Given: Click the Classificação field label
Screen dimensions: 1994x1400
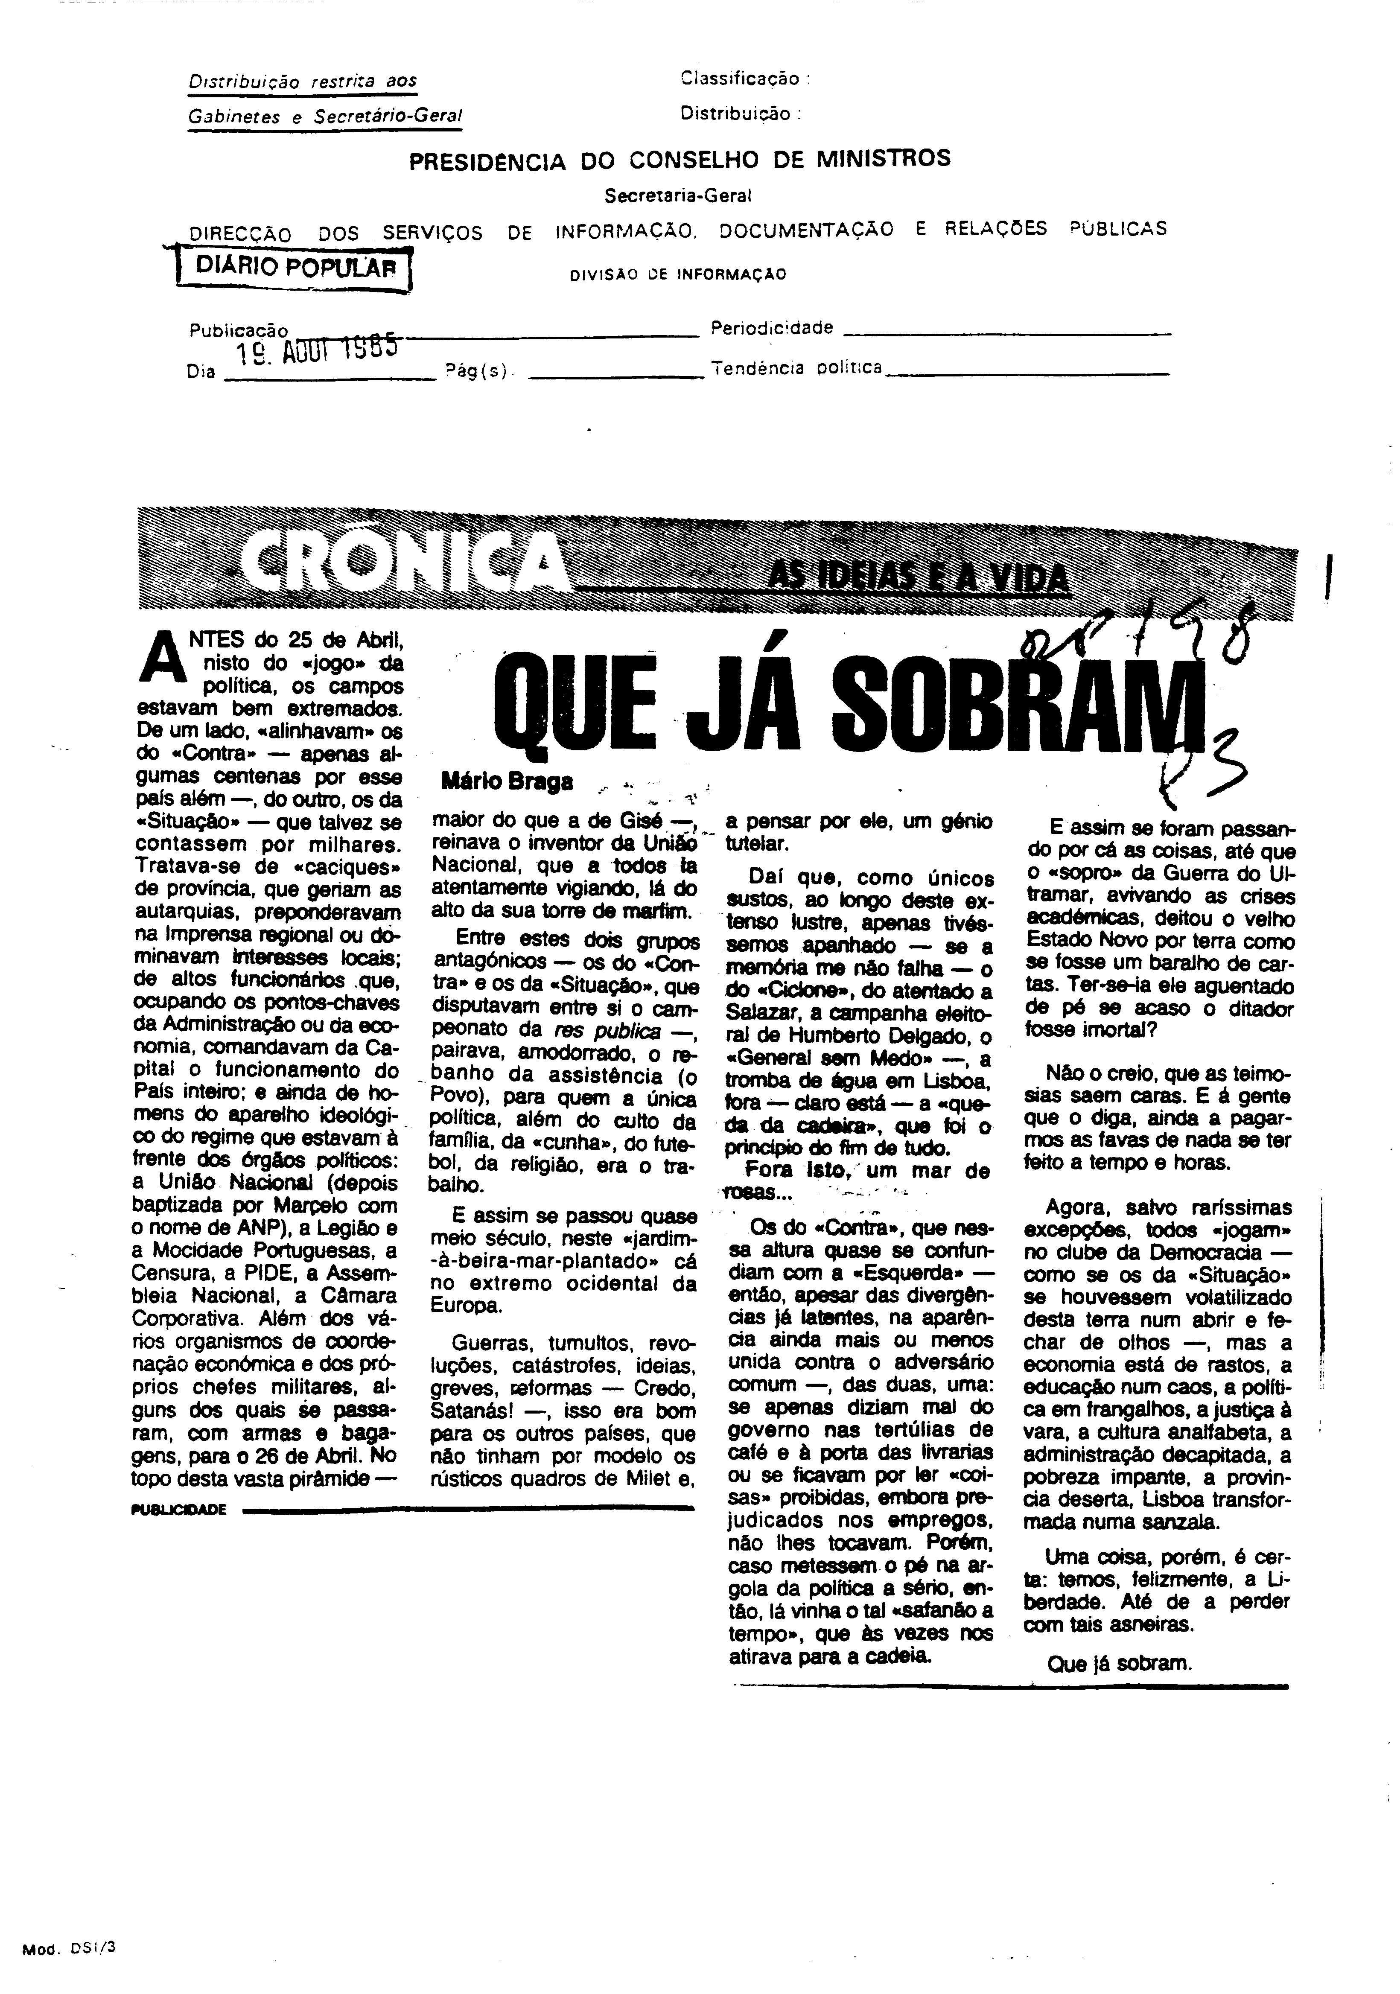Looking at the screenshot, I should tap(744, 79).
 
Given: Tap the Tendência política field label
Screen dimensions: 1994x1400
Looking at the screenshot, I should tap(796, 368).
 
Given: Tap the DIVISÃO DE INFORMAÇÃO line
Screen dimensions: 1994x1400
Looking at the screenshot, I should tap(677, 274).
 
